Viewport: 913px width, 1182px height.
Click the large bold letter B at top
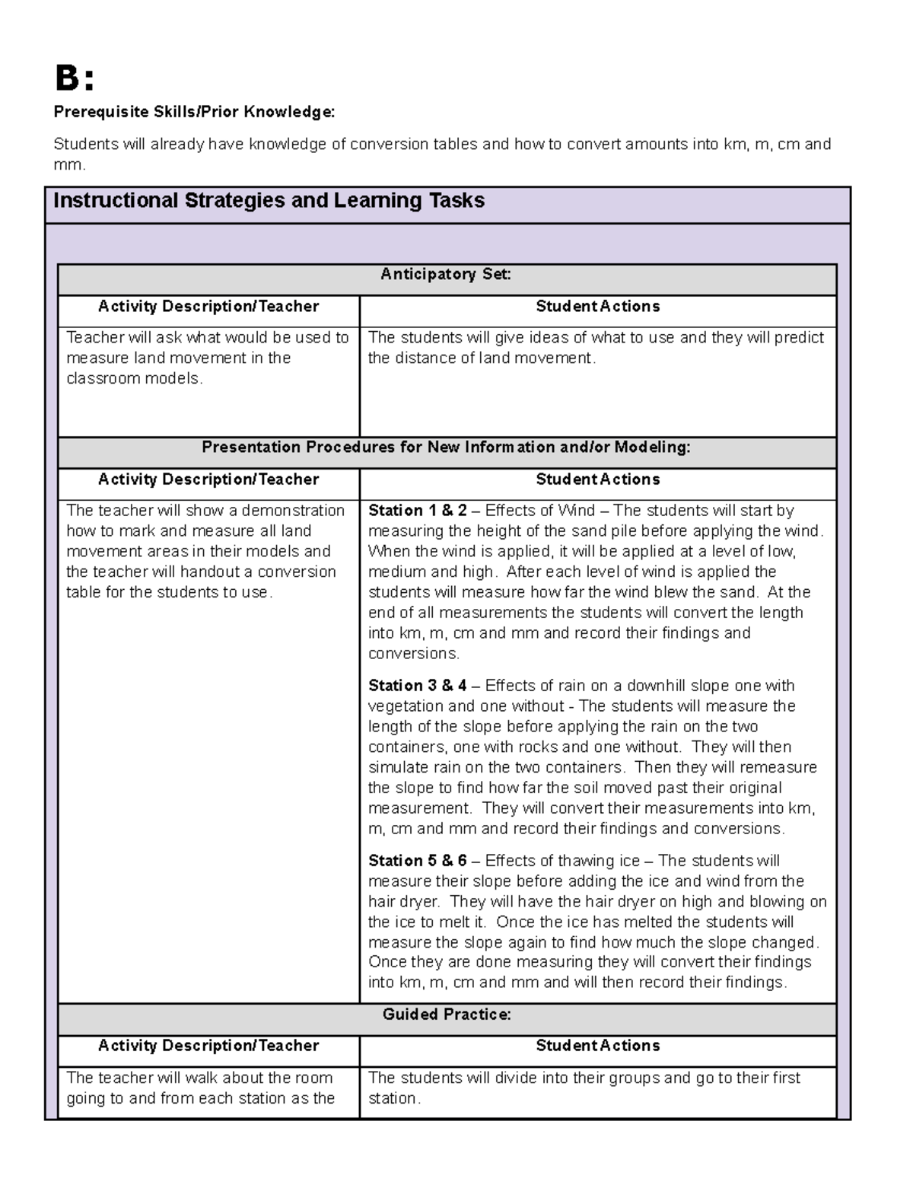66,78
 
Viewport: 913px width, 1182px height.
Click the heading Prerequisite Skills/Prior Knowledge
193,113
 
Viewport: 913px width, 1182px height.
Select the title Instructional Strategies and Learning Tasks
269,201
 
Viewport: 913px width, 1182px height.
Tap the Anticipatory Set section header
446,275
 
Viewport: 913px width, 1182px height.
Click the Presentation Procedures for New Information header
446,448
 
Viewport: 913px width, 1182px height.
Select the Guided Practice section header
446,1015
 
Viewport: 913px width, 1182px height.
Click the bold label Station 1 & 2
418,511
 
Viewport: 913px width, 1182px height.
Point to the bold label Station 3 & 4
418,686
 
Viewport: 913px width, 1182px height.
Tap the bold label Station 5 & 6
418,861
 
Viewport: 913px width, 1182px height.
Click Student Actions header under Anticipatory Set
597,307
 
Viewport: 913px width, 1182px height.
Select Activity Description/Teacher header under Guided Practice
208,1047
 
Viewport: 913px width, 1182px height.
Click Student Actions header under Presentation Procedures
597,479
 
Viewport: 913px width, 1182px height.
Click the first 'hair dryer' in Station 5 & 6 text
402,902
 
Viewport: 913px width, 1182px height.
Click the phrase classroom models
134,379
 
